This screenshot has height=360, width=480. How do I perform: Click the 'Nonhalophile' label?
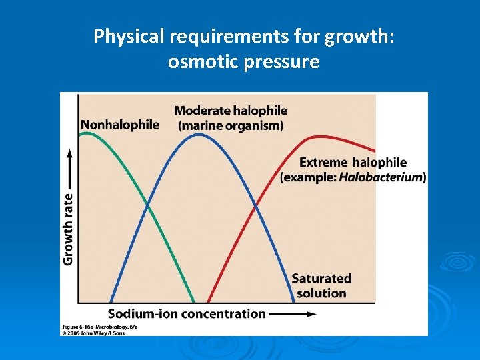click(x=120, y=125)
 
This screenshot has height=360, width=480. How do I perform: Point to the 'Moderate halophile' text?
click(x=231, y=111)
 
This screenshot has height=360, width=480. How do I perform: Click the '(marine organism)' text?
click(x=231, y=125)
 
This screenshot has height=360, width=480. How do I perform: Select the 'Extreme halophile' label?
click(x=353, y=162)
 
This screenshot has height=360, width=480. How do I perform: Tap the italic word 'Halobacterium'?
click(x=380, y=177)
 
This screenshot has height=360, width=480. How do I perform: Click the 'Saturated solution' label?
click(x=321, y=285)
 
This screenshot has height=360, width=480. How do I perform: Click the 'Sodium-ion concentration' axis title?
click(x=187, y=313)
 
